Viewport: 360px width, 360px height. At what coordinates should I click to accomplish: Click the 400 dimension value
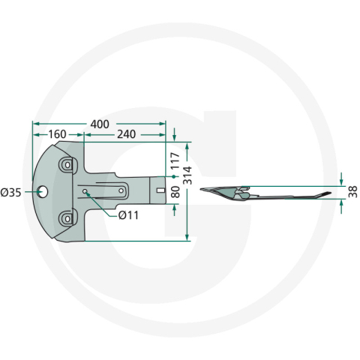100,124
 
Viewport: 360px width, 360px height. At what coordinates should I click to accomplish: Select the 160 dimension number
57,134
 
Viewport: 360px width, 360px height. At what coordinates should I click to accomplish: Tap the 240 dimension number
127,134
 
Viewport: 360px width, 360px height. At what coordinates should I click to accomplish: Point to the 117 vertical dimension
175,160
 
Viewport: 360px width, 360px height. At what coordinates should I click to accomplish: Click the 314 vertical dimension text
187,175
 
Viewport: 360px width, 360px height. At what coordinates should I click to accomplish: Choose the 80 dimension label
175,192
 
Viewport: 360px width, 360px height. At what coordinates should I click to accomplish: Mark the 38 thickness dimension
352,192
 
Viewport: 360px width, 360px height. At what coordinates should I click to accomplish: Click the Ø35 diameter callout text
10,193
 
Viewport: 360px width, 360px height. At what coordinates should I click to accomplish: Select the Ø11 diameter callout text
128,215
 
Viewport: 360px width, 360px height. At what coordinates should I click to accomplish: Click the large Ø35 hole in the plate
43,192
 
